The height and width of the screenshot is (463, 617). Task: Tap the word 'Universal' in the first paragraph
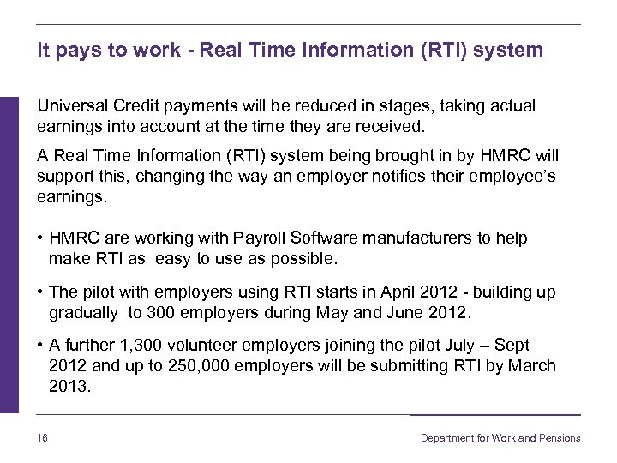coord(72,106)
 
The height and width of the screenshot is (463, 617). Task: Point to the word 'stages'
coord(385,106)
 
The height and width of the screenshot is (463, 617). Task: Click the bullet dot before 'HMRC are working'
coord(41,238)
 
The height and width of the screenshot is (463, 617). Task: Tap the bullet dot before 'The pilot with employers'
coord(41,293)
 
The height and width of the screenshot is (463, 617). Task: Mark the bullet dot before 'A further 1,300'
coord(41,346)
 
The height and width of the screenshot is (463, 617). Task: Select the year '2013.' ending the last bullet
coord(70,387)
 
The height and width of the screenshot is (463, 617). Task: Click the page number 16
coord(42,438)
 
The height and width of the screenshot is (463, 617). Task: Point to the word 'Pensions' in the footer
coord(560,438)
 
